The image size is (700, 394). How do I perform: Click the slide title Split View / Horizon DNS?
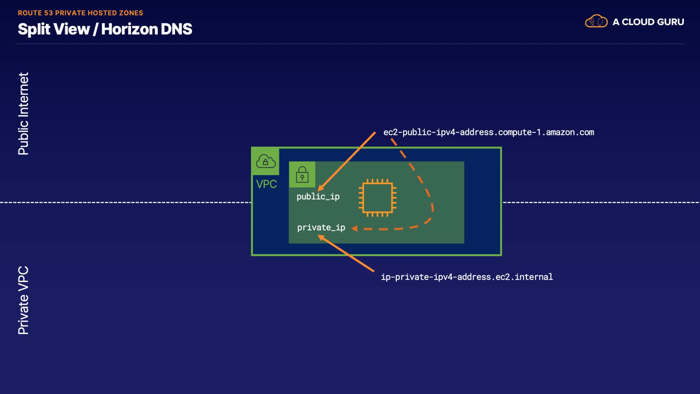point(105,29)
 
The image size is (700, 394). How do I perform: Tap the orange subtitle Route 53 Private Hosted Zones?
point(81,13)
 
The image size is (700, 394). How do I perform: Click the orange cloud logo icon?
point(596,21)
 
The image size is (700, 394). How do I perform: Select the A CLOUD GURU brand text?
point(648,22)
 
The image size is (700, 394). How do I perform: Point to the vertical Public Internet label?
point(23,113)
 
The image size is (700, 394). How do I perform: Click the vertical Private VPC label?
point(23,300)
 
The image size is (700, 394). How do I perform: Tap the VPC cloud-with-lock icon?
point(265,161)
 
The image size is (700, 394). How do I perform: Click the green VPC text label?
point(267,184)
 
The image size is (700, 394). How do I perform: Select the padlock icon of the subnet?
point(302,174)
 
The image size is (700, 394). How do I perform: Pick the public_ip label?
point(318,197)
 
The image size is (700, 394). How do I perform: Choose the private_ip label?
point(321,228)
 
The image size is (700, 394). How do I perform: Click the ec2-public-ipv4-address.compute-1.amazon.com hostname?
point(489,132)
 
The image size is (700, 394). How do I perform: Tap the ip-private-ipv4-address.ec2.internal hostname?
point(467,277)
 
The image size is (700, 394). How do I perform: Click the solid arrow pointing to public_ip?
point(346,162)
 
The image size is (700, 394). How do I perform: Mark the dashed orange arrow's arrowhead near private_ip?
point(354,228)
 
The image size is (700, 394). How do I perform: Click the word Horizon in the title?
point(129,29)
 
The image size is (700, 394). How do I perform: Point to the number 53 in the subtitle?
point(48,13)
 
